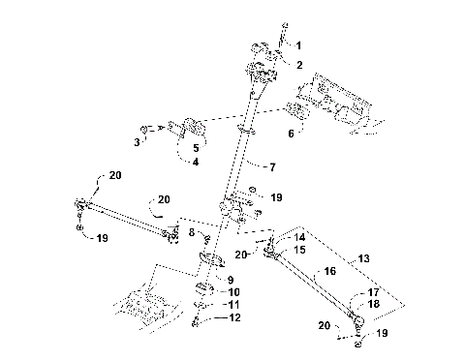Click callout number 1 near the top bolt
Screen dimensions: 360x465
[298, 45]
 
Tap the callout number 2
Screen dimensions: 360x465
[298, 65]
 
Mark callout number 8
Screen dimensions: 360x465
[192, 232]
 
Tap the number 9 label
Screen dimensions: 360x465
[231, 280]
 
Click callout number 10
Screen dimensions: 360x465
[232, 291]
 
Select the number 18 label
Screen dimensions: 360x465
[373, 304]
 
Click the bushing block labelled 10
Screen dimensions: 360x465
[205, 291]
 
